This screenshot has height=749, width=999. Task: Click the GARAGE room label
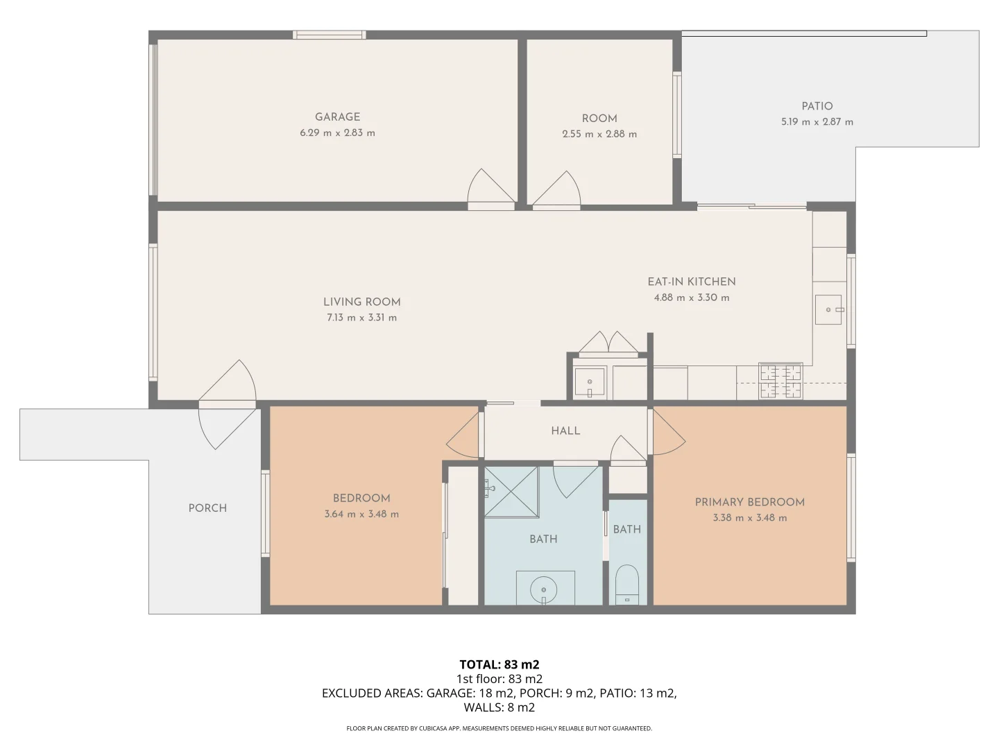337,117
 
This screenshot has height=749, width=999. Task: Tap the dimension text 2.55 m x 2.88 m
599,134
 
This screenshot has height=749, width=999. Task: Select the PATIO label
817,106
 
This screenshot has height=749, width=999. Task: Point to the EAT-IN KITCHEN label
691,282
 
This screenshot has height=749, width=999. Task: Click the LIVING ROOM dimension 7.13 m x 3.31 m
361,318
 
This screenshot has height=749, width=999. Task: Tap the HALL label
565,431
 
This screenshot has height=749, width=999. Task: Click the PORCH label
207,508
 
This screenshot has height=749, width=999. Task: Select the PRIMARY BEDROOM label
749,501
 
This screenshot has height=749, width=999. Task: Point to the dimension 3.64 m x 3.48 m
361,514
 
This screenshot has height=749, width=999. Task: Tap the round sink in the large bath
544,589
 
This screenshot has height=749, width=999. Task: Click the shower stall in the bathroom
511,492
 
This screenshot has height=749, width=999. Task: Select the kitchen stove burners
780,381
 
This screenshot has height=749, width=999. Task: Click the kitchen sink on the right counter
829,309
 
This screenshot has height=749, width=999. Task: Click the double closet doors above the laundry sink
608,343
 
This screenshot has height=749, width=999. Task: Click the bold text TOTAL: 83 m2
499,664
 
